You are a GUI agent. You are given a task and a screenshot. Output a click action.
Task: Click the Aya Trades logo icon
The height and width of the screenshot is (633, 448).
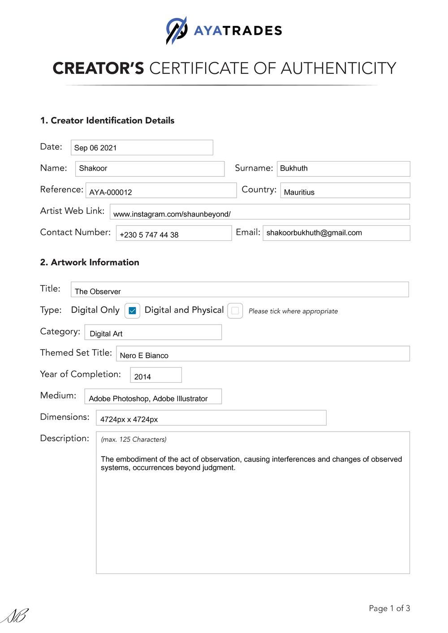(177, 30)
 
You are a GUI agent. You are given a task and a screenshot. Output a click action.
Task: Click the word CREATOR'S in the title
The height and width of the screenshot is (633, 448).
(98, 68)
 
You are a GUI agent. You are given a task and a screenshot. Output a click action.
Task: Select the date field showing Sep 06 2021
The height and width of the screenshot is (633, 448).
(142, 148)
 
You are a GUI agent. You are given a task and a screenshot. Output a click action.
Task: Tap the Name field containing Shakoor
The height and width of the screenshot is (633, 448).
(150, 169)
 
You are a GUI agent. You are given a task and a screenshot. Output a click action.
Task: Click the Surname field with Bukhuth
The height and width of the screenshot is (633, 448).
(343, 169)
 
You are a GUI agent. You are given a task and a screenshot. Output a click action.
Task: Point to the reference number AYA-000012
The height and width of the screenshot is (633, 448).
(111, 192)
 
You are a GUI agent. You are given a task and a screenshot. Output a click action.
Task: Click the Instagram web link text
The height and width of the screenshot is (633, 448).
(172, 214)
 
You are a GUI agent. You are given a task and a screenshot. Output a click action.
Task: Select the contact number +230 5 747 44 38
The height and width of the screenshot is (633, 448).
(149, 235)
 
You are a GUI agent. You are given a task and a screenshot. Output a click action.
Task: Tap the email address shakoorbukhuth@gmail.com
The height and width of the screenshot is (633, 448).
(314, 233)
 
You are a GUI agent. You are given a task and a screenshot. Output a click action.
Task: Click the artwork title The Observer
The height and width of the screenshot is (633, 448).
(98, 291)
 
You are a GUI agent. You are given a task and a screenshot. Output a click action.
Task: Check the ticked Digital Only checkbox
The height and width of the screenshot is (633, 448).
(132, 311)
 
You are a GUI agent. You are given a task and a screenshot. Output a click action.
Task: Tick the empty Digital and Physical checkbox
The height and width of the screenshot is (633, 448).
(235, 311)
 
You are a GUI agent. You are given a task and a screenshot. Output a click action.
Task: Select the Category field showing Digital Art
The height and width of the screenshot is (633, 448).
(106, 334)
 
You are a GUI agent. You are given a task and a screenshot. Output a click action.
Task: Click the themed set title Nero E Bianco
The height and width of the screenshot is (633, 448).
(144, 355)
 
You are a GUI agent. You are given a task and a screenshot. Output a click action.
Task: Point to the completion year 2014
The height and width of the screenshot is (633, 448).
(142, 377)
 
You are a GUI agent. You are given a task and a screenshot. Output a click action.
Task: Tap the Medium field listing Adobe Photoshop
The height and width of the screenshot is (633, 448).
(148, 398)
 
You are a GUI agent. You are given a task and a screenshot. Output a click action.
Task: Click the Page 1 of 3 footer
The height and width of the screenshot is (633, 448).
(389, 608)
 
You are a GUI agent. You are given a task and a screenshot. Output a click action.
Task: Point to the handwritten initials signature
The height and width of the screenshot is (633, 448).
(15, 616)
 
